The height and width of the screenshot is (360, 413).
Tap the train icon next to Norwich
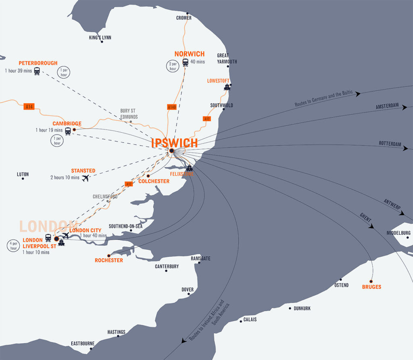tap(186, 62)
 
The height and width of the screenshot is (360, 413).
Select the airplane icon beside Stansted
tap(85, 178)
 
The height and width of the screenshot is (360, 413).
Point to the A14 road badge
tap(29, 107)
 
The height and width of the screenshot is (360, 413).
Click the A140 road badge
tap(172, 107)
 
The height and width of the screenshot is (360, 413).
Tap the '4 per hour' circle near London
tap(13, 246)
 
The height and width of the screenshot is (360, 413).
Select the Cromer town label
tap(184, 18)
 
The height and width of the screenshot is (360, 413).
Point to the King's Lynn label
tap(100, 38)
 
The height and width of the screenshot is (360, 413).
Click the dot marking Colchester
tap(148, 176)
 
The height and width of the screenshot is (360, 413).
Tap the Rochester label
tap(109, 260)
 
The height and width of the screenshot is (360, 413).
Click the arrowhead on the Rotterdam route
tap(405, 149)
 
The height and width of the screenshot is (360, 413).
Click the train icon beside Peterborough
tap(37, 71)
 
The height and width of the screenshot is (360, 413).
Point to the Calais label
tap(250, 319)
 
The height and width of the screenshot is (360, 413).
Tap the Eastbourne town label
tap(82, 343)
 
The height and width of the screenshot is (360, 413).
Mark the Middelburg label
tap(398, 233)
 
